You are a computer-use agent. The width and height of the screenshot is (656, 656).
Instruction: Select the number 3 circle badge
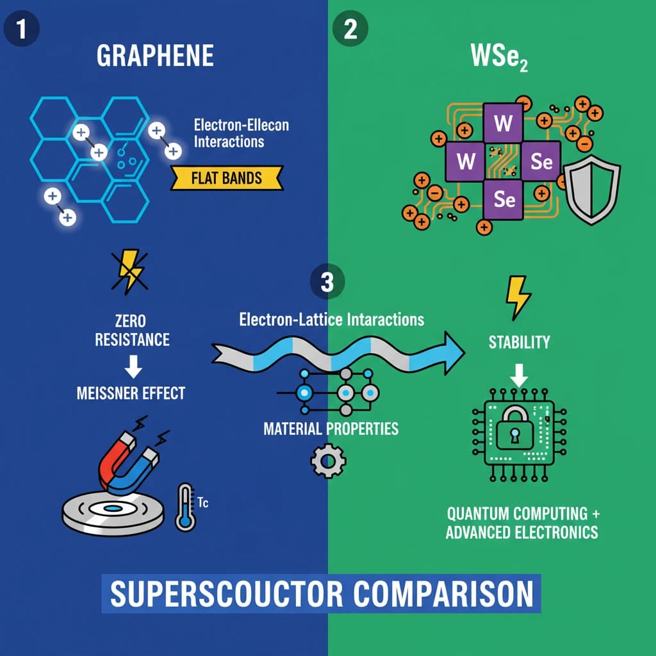(327, 282)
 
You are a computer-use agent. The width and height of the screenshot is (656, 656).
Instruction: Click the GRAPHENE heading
(155, 56)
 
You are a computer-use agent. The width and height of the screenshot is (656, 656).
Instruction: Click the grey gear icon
(327, 460)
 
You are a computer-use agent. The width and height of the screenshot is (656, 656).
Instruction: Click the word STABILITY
(519, 341)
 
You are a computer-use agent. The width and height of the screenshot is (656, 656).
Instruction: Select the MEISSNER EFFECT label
(131, 392)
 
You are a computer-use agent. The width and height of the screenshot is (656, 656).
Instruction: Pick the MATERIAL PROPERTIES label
(331, 428)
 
